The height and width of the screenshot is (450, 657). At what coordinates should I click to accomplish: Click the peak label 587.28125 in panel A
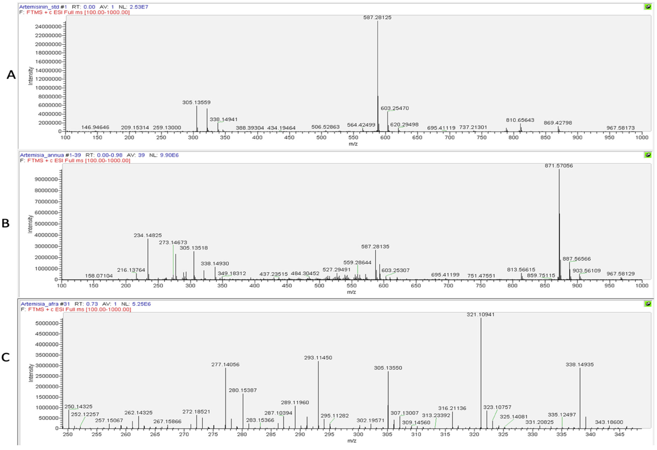(x=377, y=17)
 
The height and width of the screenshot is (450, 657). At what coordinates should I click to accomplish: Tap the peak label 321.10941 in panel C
(x=480, y=315)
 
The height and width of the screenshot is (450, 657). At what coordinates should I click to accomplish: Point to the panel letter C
(x=6, y=357)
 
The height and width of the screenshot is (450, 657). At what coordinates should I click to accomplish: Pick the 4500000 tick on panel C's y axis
(x=47, y=334)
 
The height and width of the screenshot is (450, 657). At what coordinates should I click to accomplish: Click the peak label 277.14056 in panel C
(x=225, y=365)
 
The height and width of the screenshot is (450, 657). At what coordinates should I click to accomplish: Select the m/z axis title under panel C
(x=352, y=441)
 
